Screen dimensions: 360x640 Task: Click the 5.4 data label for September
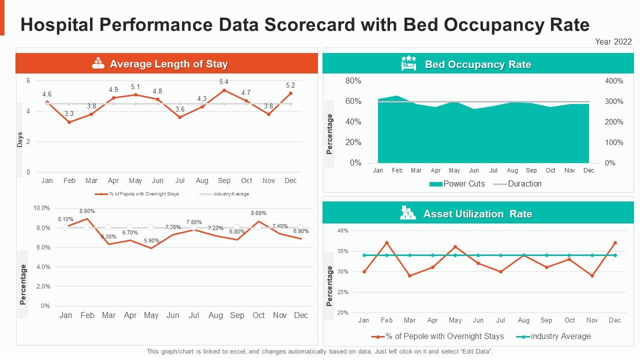pyautogui.click(x=224, y=82)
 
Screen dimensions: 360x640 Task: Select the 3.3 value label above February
pyautogui.click(x=69, y=114)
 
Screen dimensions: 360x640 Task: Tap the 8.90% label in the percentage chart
pyautogui.click(x=86, y=211)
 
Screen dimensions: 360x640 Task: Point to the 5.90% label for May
pyautogui.click(x=151, y=240)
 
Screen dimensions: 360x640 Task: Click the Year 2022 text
pyautogui.click(x=613, y=42)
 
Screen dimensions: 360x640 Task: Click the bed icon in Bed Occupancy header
pyautogui.click(x=408, y=64)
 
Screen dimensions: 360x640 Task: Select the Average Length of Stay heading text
pyautogui.click(x=168, y=64)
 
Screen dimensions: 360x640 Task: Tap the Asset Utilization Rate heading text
pyautogui.click(x=477, y=214)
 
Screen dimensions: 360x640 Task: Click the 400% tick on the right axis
pyautogui.click(x=614, y=81)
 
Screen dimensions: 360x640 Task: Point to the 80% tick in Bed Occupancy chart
pyautogui.click(x=353, y=80)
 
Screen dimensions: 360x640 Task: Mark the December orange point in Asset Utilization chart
pyautogui.click(x=615, y=243)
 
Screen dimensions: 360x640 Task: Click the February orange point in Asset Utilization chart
pyautogui.click(x=386, y=243)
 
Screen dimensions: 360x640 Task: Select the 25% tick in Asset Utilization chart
pyautogui.click(x=343, y=292)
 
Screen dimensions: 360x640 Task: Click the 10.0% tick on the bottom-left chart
pyautogui.click(x=41, y=208)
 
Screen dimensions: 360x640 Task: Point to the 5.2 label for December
pyautogui.click(x=290, y=85)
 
